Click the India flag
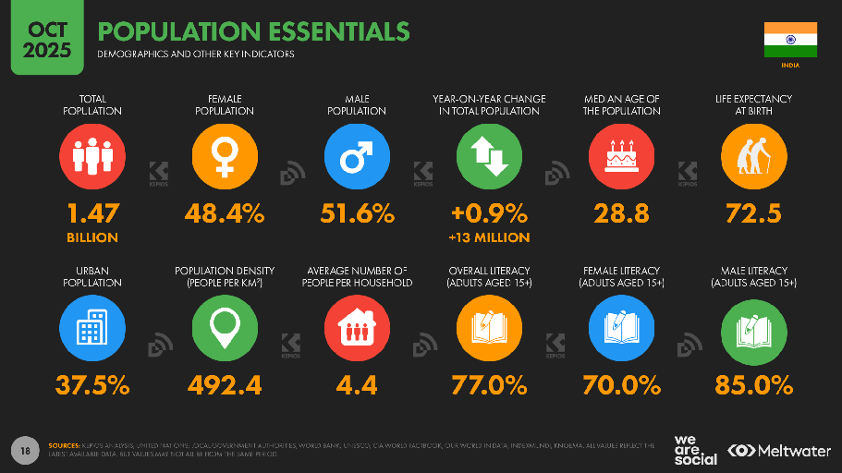point(790,39)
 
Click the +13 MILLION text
point(489,237)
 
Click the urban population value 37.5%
point(92,384)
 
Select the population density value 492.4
point(225,384)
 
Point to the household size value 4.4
point(357,384)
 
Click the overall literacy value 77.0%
point(489,384)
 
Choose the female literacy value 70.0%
point(621,384)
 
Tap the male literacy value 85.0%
point(753,384)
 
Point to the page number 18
point(26,450)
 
